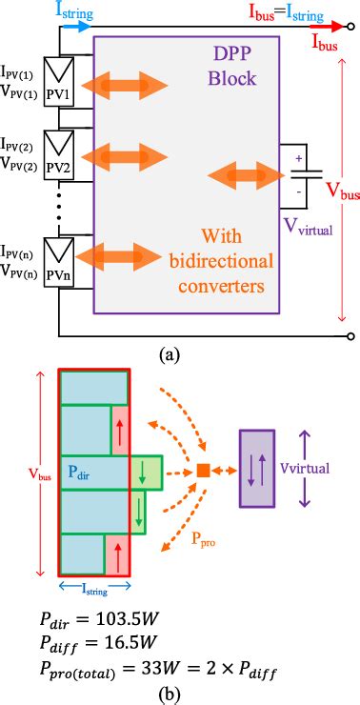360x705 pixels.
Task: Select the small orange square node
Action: point(203,470)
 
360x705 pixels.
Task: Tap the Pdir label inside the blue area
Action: point(80,471)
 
